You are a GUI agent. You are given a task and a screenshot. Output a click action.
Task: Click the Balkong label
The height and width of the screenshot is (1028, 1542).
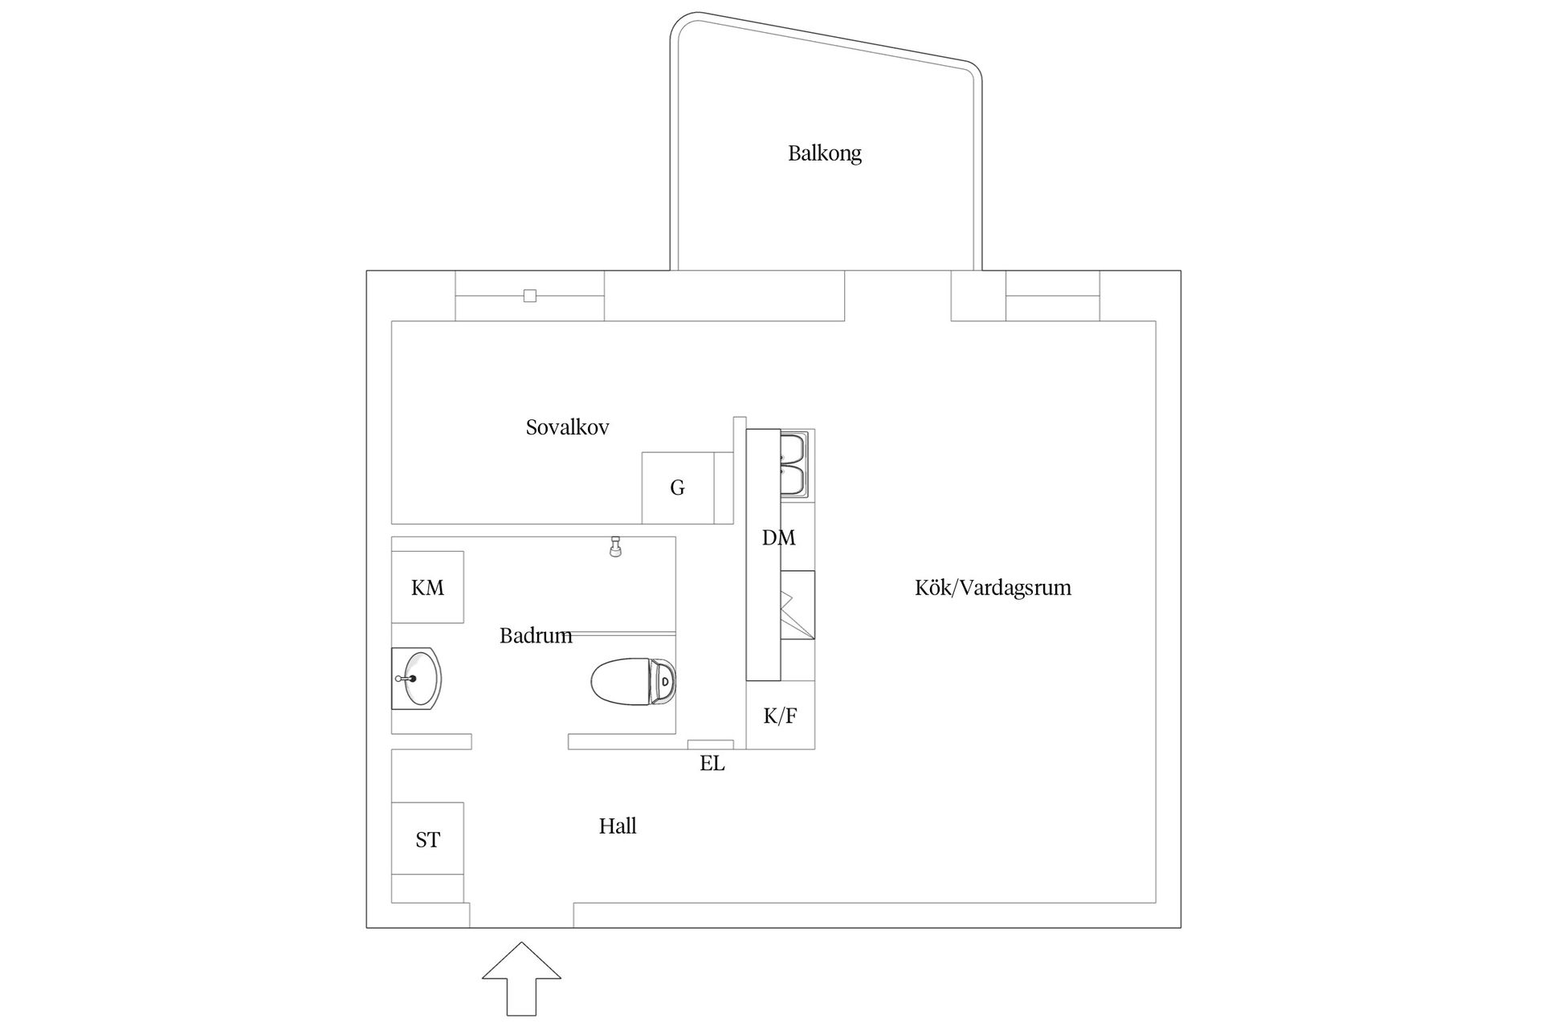tap(824, 153)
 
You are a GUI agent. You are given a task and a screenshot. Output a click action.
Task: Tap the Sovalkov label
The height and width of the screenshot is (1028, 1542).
tap(567, 427)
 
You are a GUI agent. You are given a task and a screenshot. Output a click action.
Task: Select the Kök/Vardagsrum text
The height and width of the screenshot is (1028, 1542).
tap(993, 588)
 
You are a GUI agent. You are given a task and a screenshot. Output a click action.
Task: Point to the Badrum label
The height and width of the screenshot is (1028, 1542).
tap(536, 635)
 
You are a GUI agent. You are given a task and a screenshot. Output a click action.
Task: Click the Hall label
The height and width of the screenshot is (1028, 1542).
tap(618, 826)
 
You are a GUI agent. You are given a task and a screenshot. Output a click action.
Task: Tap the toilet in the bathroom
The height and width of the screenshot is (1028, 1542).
tap(633, 682)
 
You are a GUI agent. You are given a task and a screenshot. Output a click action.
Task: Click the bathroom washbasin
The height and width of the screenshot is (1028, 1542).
tap(416, 679)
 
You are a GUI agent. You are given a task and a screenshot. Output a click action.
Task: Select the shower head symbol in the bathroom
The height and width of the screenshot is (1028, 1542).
tap(616, 547)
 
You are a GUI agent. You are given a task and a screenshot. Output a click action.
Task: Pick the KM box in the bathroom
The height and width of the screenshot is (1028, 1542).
tap(427, 587)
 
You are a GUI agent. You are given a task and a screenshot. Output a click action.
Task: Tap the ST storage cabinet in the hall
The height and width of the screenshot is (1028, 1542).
tap(427, 838)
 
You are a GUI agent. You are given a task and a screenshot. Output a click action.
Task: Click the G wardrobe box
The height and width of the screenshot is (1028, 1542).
tap(678, 487)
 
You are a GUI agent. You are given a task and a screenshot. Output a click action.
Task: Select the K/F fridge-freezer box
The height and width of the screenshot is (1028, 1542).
tap(780, 716)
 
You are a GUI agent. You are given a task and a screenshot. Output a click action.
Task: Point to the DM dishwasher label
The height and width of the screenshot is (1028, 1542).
tap(779, 538)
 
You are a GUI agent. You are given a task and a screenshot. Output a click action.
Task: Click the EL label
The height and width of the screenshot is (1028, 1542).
tap(712, 763)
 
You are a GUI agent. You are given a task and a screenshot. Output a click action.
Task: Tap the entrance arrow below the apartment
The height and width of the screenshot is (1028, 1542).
tap(521, 979)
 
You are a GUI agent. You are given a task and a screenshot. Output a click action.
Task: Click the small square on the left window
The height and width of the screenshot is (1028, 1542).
tap(530, 296)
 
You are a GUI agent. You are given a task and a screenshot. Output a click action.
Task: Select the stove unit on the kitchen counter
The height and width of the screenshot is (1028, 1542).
tap(798, 605)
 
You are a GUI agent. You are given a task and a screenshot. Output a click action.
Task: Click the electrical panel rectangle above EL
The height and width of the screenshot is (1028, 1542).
tap(711, 744)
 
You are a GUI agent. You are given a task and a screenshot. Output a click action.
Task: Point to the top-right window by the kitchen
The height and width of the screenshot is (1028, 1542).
tap(1053, 296)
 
